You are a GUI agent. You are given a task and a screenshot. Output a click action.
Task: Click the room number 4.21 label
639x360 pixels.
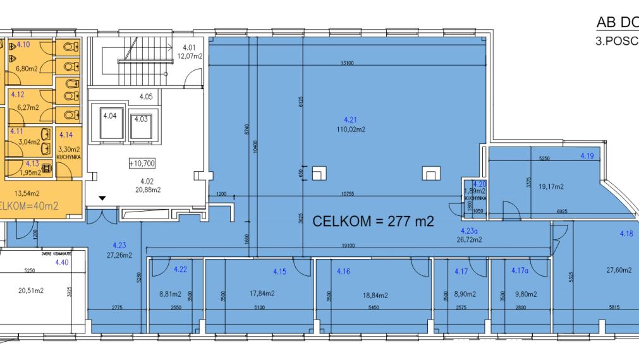coord(351,119)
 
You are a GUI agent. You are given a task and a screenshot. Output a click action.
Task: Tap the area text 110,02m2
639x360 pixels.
coord(351,129)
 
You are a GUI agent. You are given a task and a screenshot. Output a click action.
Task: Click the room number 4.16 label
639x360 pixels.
coord(343,271)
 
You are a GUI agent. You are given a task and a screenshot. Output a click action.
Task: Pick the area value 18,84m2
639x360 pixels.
coord(375,295)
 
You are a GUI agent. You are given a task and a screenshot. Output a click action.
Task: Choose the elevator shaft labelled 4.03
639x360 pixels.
coord(140,119)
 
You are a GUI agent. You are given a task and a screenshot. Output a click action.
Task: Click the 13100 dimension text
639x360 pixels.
coord(346,63)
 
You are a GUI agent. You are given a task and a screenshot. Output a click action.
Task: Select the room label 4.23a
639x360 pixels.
coord(468,231)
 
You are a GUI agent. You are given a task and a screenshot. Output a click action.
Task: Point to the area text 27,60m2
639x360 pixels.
coord(619,270)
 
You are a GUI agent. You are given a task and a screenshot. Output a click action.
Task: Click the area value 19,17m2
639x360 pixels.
coord(551,186)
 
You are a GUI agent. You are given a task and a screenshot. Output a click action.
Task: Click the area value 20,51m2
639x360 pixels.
coord(30,291)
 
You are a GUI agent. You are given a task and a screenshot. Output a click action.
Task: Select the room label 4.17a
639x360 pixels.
coord(520,271)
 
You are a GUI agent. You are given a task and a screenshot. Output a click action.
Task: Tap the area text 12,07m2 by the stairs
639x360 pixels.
coord(192,56)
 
